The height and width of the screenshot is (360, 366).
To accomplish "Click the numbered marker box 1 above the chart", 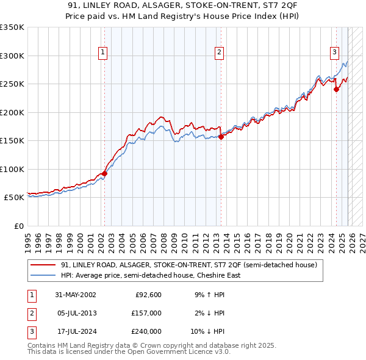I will click(x=104, y=53).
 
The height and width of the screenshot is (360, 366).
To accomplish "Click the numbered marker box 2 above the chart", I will click(x=219, y=53).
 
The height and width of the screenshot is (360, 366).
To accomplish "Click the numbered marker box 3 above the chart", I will click(x=335, y=53).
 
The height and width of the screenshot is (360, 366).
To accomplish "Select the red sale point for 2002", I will click(x=104, y=173).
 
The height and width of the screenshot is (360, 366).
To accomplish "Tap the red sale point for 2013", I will click(x=220, y=137).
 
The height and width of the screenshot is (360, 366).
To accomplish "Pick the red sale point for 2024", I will click(x=336, y=90).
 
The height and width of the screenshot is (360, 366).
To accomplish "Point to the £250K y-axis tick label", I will click(x=12, y=84).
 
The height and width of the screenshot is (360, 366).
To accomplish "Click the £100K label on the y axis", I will click(x=12, y=169).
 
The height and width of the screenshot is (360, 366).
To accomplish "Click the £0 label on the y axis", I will click(x=18, y=226).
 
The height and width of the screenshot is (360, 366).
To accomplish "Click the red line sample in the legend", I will click(x=43, y=265).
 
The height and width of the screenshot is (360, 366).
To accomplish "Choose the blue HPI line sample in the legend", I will click(x=43, y=275).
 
